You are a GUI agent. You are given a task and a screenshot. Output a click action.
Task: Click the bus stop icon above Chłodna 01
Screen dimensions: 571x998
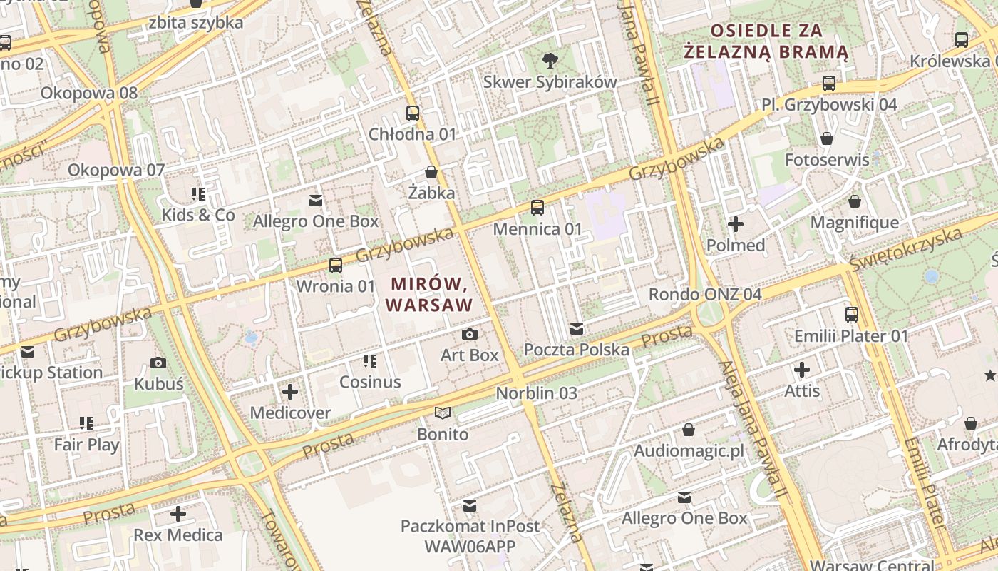click(x=412, y=113)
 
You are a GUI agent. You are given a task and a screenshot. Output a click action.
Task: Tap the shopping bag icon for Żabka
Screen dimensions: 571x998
click(x=431, y=172)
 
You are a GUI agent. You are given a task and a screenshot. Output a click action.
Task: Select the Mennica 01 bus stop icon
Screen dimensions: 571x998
click(x=537, y=208)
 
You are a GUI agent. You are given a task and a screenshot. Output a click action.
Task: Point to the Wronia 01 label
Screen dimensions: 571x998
click(x=335, y=286)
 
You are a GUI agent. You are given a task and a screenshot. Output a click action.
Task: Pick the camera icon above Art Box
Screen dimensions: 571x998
click(x=469, y=334)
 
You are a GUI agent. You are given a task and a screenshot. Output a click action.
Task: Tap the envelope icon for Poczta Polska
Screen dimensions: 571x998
click(x=577, y=329)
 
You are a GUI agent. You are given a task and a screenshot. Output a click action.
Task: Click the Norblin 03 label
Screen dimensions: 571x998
click(x=536, y=393)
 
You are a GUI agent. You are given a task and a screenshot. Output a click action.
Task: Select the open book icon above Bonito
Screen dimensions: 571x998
click(x=443, y=413)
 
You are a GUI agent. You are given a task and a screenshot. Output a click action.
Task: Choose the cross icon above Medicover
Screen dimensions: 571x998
click(x=290, y=392)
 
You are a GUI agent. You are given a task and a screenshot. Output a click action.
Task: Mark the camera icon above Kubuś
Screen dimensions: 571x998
click(x=158, y=363)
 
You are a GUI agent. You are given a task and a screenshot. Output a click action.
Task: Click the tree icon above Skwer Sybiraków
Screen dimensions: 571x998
click(x=550, y=60)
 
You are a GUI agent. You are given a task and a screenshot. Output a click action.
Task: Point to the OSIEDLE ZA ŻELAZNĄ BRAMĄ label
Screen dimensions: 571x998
click(x=766, y=41)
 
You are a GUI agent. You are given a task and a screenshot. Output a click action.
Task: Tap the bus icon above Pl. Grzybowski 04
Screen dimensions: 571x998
click(x=828, y=84)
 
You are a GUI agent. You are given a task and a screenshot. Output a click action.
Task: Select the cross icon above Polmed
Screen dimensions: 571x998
click(x=735, y=224)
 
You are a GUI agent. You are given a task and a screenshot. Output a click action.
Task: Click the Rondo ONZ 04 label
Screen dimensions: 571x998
click(x=704, y=295)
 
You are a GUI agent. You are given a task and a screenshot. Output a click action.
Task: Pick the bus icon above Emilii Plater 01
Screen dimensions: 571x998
click(x=851, y=315)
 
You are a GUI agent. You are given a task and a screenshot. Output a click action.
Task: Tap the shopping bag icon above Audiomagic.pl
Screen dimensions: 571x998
click(x=688, y=430)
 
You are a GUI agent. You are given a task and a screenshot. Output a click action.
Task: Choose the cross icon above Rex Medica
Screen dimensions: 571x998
click(x=178, y=514)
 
